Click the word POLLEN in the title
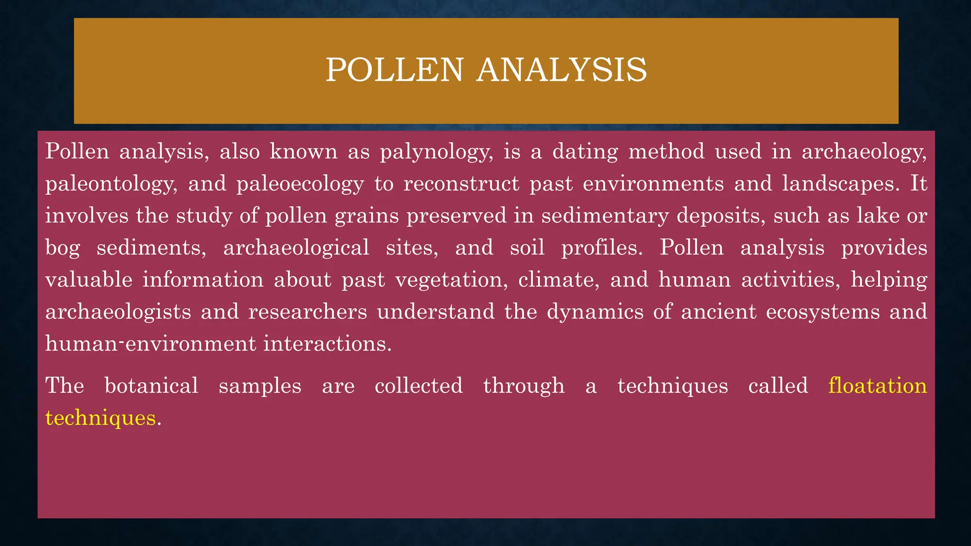pyautogui.click(x=394, y=70)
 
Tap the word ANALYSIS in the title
pyautogui.click(x=562, y=70)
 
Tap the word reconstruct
pyautogui.click(x=461, y=183)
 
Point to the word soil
pyautogui.click(x=527, y=247)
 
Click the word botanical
pyautogui.click(x=151, y=385)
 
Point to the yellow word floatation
pyautogui.click(x=878, y=385)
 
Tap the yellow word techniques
pyautogui.click(x=101, y=418)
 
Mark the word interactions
pyautogui.click(x=328, y=343)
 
